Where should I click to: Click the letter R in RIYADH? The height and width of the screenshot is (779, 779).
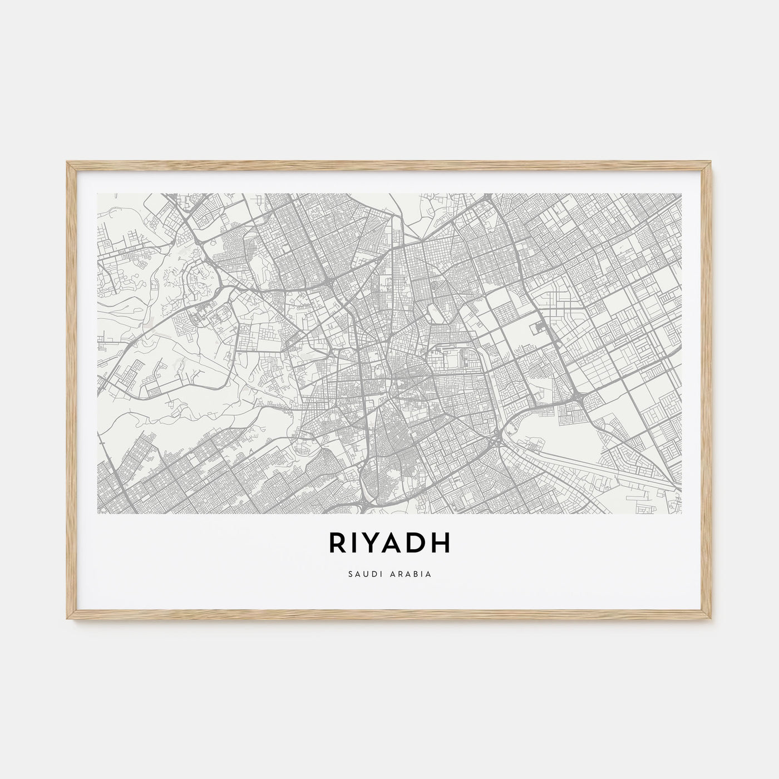click(x=337, y=544)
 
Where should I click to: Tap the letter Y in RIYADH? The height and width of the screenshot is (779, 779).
click(x=374, y=544)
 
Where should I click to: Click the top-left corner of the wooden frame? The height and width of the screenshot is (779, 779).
click(x=67, y=162)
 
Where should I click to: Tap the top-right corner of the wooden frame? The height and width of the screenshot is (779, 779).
click(x=712, y=162)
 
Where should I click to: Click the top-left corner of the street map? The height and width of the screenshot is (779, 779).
click(x=98, y=194)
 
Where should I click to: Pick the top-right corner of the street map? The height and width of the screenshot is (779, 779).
click(x=681, y=194)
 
